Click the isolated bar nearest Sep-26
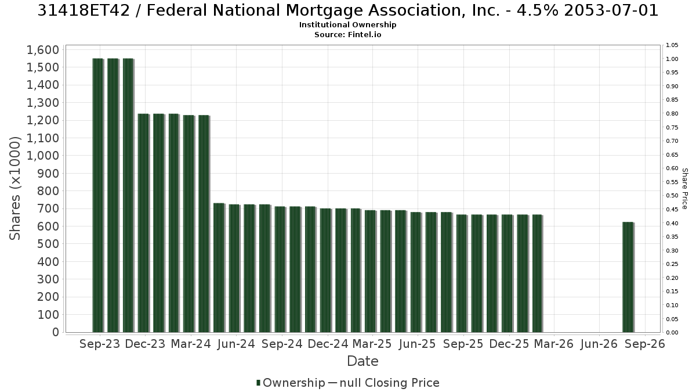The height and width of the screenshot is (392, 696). (x=628, y=277)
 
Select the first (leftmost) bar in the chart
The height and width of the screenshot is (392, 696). (x=98, y=195)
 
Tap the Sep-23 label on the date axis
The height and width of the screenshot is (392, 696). (x=100, y=344)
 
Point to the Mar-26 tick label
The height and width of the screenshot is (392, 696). (x=554, y=344)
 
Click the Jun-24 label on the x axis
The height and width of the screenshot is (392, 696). (x=236, y=344)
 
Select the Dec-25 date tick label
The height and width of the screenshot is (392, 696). (x=509, y=344)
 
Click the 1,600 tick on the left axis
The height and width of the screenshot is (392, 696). (x=43, y=50)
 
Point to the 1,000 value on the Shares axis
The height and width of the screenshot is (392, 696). (x=43, y=156)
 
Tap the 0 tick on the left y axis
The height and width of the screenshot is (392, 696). (x=56, y=332)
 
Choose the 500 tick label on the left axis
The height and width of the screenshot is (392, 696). (x=48, y=244)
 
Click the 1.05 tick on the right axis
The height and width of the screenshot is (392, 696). (x=672, y=45)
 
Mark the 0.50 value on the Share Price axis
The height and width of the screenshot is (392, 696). (x=672, y=196)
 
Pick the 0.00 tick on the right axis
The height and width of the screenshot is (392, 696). (x=672, y=333)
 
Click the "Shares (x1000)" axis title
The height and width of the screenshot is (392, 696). (x=14, y=188)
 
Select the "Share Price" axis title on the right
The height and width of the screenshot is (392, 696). (x=685, y=189)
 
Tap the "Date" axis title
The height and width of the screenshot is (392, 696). (x=362, y=361)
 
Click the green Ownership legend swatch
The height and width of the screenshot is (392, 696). (x=258, y=383)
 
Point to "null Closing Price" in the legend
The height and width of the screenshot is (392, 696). (x=390, y=383)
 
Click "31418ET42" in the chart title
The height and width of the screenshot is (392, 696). (x=84, y=10)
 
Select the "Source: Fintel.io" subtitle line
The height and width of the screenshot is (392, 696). (x=347, y=34)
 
